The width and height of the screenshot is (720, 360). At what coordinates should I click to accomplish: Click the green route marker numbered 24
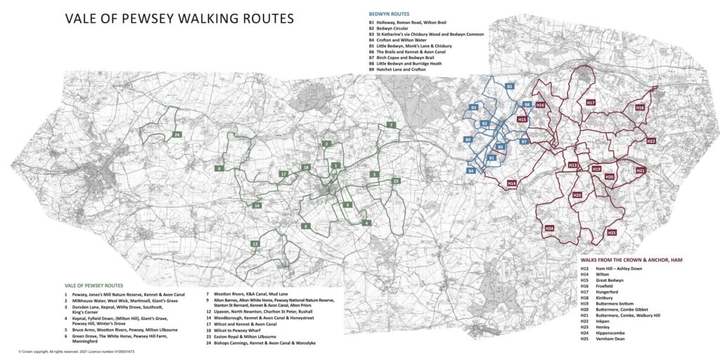coord(177,134)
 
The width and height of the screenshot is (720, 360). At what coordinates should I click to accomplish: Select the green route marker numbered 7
coord(390,125)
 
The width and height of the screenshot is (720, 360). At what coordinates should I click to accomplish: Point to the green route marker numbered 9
coord(219,169)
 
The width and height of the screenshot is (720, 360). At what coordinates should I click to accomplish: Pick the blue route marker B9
coord(468,141)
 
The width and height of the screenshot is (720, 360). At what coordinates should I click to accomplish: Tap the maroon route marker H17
coord(591,103)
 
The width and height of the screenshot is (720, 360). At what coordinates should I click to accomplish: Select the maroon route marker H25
coord(612,233)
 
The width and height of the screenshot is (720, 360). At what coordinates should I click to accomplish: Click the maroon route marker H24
coord(549,229)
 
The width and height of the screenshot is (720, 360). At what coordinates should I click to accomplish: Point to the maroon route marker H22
coord(651,141)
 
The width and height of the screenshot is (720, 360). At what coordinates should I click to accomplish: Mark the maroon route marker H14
coord(512,184)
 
